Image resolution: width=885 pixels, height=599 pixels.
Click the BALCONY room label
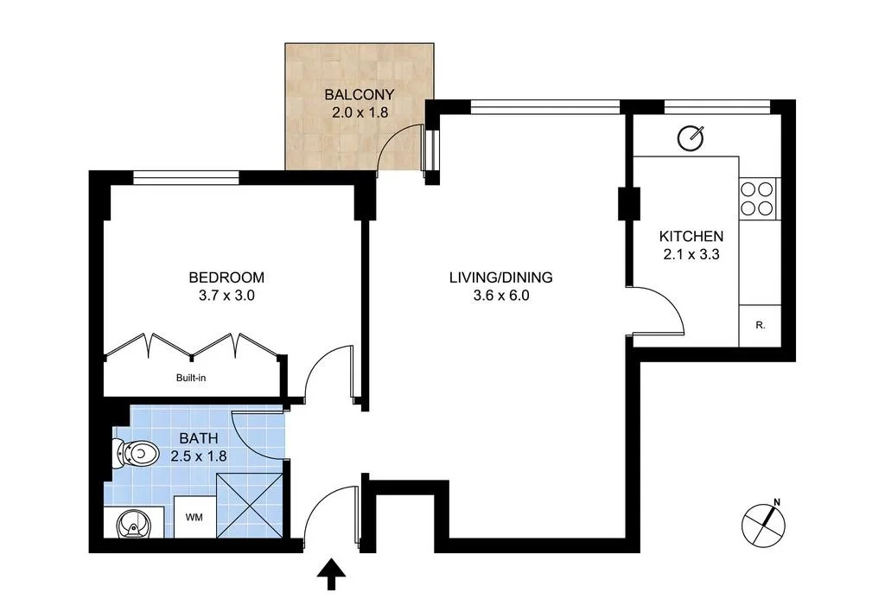359,94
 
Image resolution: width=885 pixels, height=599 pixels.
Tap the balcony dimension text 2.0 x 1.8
359,112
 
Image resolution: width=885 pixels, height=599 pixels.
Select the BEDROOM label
226,277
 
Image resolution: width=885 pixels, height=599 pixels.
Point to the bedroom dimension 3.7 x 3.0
226,295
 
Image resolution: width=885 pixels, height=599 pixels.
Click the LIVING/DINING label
500,277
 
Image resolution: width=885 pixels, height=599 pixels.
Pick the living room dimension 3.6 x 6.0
500,295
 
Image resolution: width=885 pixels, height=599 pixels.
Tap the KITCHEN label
691,236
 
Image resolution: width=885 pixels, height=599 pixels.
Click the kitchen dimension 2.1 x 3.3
691,254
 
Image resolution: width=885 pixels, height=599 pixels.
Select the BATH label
200,439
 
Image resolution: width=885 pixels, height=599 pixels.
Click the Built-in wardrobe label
191,377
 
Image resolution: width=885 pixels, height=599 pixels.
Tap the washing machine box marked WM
194,518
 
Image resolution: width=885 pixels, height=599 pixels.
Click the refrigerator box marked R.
760,326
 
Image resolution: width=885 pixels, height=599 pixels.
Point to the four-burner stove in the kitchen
760,198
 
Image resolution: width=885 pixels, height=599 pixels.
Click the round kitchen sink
691,137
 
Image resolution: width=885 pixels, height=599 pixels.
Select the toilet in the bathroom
135,452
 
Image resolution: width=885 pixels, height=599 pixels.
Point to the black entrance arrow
331,574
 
